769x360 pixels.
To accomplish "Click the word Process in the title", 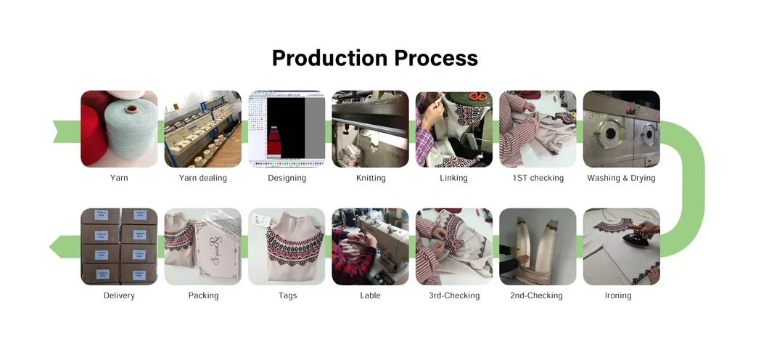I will [x=437, y=58].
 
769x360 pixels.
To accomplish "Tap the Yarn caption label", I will [x=119, y=178].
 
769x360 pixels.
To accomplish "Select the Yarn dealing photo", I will [x=203, y=128].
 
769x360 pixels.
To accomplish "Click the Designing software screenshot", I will [x=287, y=128].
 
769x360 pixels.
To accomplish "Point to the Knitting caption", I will [x=371, y=178].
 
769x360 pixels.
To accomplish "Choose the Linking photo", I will [x=454, y=128].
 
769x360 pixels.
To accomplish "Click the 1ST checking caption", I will [x=538, y=178].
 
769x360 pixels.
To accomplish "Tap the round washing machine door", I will [x=608, y=134].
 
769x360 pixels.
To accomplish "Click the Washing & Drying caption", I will [x=621, y=178].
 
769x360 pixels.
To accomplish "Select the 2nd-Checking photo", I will [x=538, y=246].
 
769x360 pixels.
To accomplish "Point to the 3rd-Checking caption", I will [x=454, y=295].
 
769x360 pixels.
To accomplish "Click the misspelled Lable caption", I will [x=371, y=295].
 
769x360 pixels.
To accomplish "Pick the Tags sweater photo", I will [x=287, y=246].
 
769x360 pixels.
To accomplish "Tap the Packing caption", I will [x=203, y=295].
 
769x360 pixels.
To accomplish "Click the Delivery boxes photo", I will [x=119, y=246].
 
